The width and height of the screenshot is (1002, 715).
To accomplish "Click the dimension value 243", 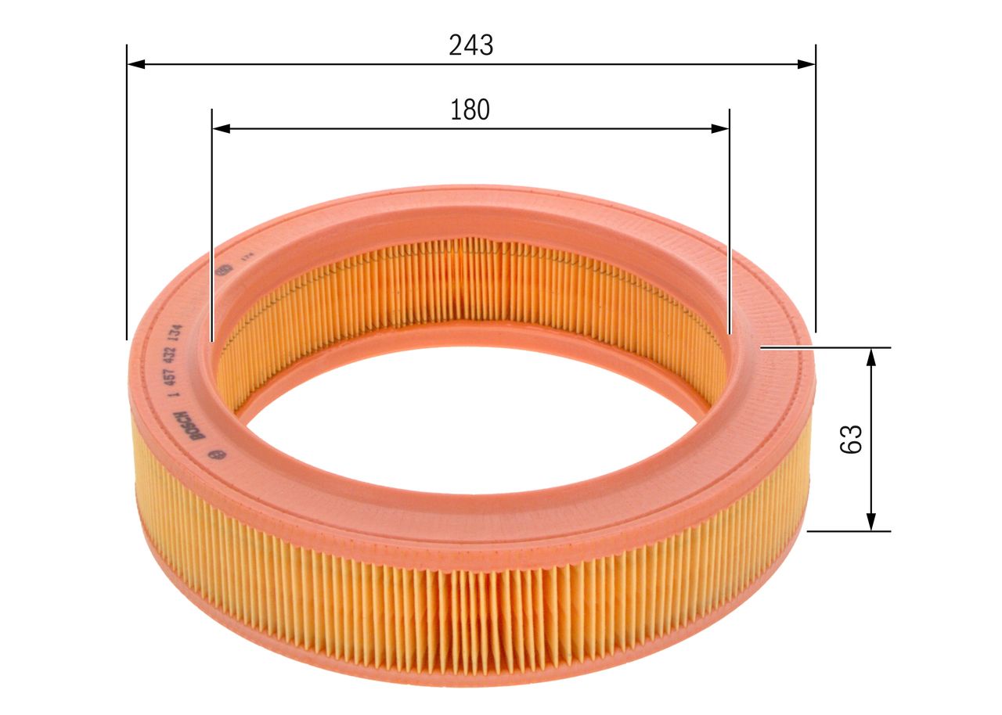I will (471, 46).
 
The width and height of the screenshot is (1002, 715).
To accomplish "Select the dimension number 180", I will (470, 110).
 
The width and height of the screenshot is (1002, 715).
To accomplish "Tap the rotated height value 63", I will (851, 439).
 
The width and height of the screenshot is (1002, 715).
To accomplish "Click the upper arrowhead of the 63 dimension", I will (870, 357).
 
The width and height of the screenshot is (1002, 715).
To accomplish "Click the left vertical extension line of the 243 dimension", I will (127, 196).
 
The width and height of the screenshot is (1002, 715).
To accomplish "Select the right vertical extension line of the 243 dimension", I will (816, 196).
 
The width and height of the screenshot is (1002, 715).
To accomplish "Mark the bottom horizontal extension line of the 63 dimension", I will (849, 531).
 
